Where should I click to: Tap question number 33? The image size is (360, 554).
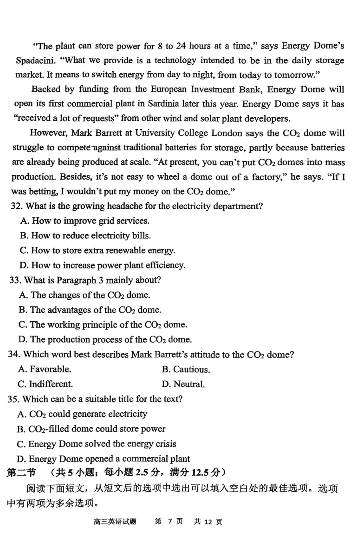tap(15, 280)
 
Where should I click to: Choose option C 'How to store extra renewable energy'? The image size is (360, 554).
tap(97, 251)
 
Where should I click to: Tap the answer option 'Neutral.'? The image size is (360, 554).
tap(184, 384)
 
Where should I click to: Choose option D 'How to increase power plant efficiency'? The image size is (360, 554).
tap(102, 266)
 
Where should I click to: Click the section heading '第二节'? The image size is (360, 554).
tap(22, 473)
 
